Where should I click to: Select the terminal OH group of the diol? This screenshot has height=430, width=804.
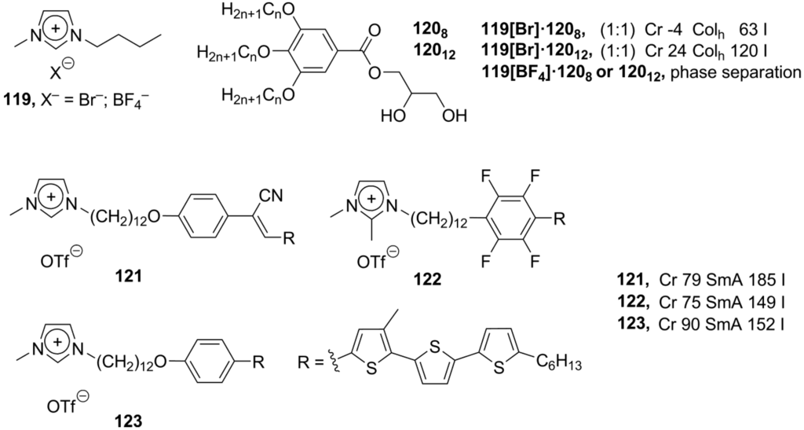point(452,116)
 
